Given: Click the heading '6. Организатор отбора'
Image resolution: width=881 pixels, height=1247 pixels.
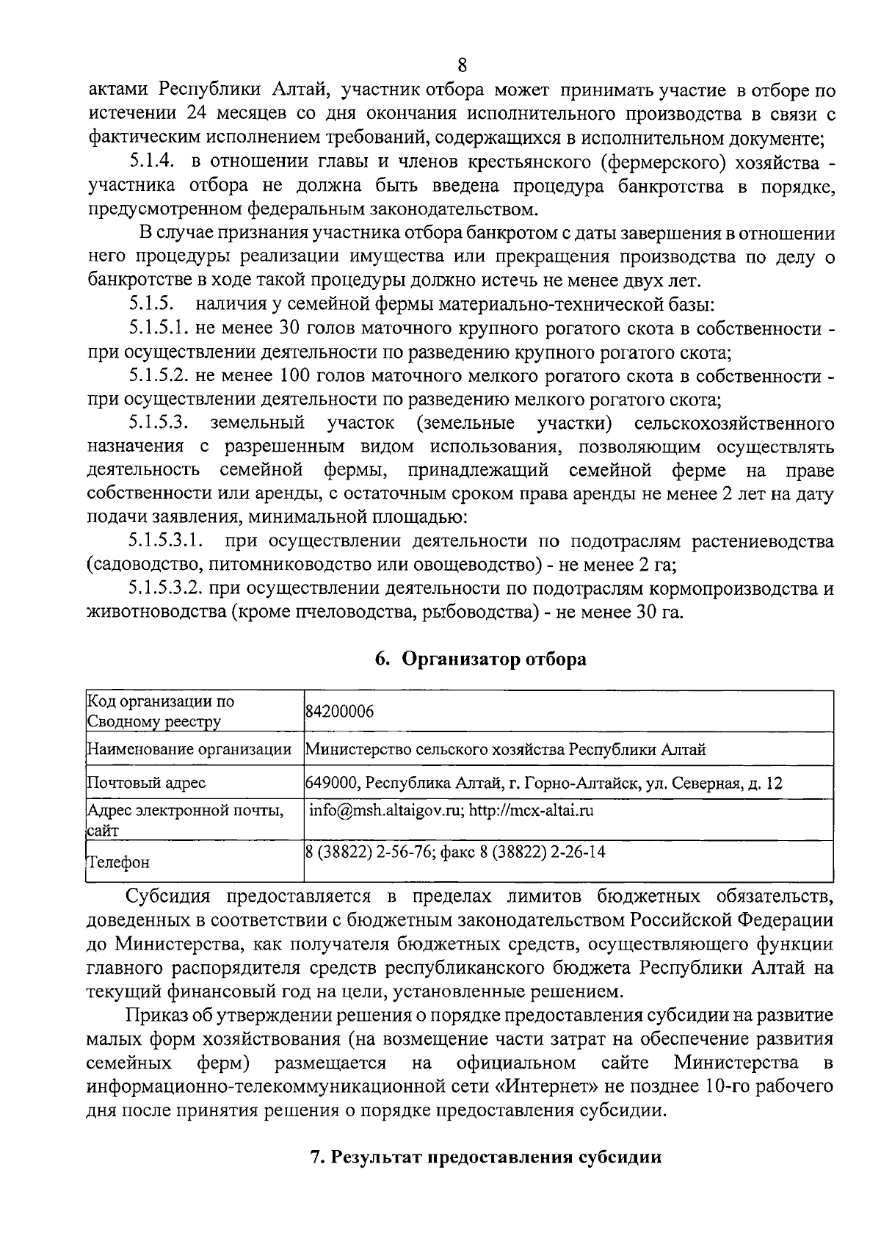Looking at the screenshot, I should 480,659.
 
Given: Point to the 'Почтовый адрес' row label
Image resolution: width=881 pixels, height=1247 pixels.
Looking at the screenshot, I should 147,783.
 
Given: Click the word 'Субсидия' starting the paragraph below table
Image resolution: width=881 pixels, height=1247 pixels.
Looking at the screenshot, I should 169,897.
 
